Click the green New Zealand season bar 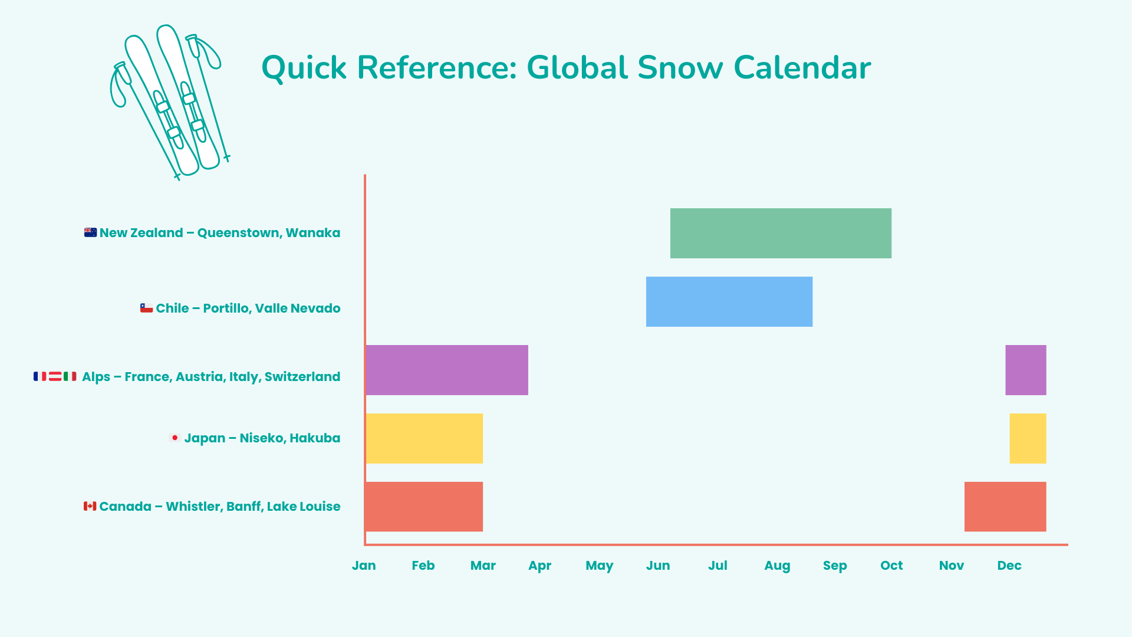tap(781, 233)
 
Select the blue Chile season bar tap(729, 301)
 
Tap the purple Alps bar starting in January tap(447, 370)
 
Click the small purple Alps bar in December tap(1025, 370)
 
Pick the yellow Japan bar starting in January tap(424, 438)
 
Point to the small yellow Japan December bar tap(1028, 438)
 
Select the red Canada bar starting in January tap(424, 507)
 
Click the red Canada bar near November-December tap(1005, 507)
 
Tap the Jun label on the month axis tap(658, 566)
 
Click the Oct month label tap(891, 566)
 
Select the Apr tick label tap(539, 566)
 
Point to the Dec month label tap(1009, 566)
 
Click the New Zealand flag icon tap(90, 232)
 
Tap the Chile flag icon tap(146, 308)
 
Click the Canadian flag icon tap(90, 506)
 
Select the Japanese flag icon tap(175, 438)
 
